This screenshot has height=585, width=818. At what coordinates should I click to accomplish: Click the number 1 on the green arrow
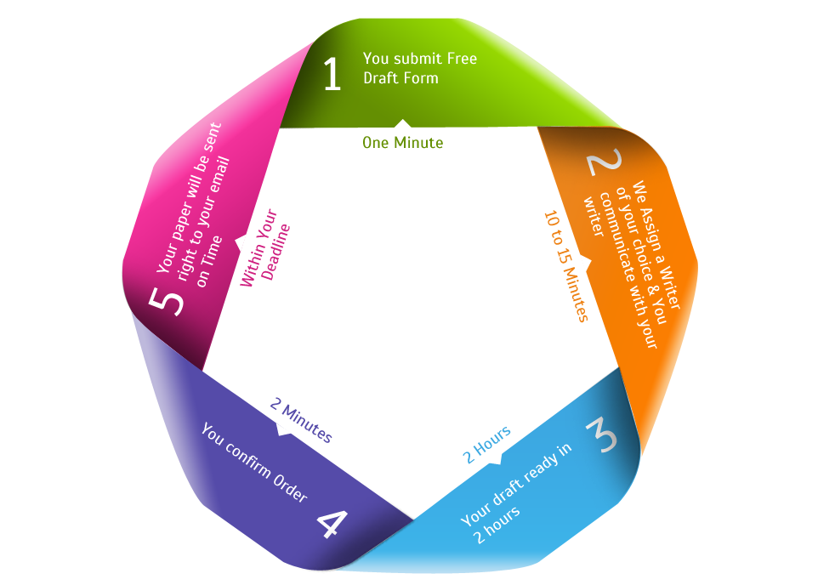(x=332, y=74)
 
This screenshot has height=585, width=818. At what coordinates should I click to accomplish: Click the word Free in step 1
(x=461, y=59)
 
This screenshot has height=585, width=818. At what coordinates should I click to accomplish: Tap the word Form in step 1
(x=423, y=78)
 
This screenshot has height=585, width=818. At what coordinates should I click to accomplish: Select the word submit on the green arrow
(x=417, y=59)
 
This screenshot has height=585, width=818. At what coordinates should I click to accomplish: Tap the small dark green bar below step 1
(x=402, y=142)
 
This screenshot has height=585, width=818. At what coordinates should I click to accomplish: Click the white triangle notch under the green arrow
(x=402, y=124)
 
